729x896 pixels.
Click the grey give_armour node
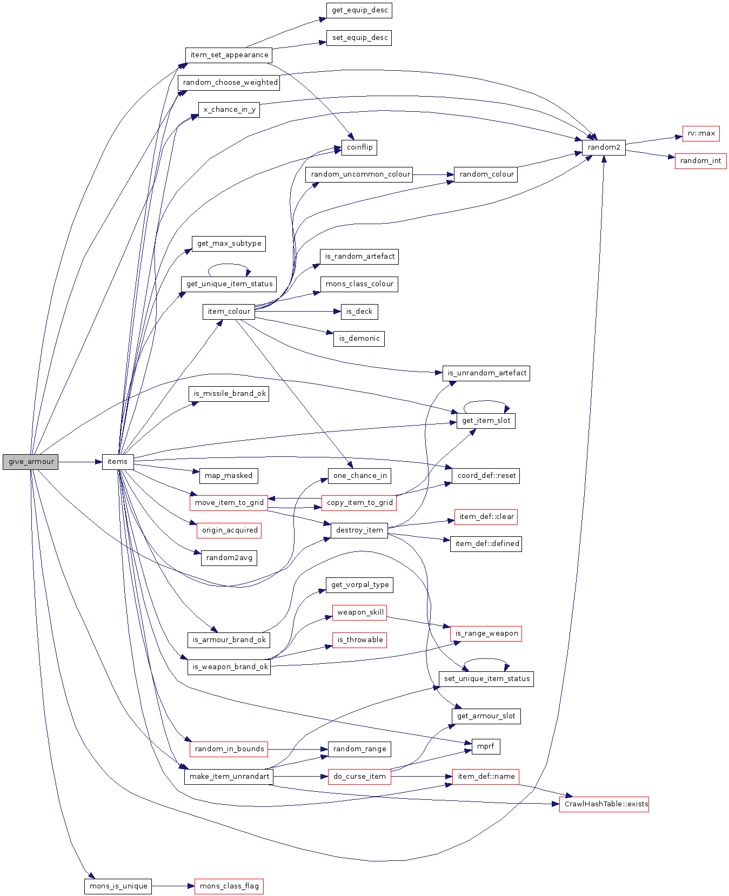coord(31,462)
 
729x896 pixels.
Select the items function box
coord(117,462)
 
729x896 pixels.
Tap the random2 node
coord(604,147)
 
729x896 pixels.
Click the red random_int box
coord(700,161)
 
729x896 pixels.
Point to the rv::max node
coord(701,133)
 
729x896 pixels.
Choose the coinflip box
coord(359,147)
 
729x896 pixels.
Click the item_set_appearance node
coord(229,55)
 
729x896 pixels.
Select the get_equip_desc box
coord(359,10)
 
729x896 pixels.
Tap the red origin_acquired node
coord(229,530)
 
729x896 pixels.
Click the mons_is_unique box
coord(118,886)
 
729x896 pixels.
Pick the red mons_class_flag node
coord(229,886)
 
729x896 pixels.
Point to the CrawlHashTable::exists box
coord(604,804)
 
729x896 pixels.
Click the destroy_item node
coord(359,530)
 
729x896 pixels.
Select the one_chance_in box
coord(359,476)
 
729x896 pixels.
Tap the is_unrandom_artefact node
coord(486,373)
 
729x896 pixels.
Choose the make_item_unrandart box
coord(229,777)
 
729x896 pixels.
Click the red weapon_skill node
coord(360,612)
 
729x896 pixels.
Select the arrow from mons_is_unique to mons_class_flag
coord(172,886)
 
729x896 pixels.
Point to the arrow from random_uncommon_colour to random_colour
coord(433,174)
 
